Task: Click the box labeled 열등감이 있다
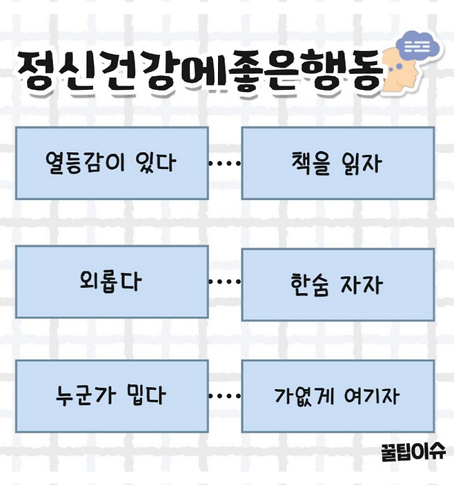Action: click(111, 163)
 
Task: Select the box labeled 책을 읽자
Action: click(337, 163)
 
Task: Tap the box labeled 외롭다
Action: click(111, 282)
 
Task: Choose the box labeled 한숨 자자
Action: click(337, 285)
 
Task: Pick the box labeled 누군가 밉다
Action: click(111, 396)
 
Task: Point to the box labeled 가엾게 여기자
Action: click(337, 397)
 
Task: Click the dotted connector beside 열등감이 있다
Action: click(224, 164)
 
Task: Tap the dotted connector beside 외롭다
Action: click(224, 282)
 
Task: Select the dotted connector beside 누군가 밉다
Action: click(224, 397)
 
